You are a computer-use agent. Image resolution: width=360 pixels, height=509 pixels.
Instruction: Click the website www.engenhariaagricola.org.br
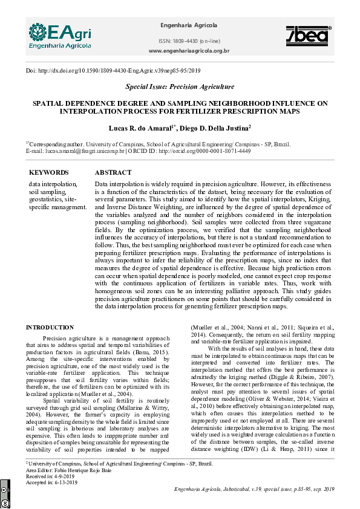[x=189, y=51]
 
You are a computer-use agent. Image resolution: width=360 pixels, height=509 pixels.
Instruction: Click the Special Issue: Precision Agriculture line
[x=180, y=87]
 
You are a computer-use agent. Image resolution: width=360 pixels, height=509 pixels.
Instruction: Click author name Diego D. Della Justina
[x=215, y=129]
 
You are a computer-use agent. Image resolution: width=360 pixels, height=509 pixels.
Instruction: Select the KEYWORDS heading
[x=48, y=172]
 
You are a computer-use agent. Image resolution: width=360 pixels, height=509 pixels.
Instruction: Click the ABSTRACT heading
[x=113, y=172]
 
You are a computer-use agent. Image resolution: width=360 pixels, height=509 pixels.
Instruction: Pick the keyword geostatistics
[x=46, y=199]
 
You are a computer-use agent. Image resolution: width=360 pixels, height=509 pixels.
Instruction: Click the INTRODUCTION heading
[x=50, y=328]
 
